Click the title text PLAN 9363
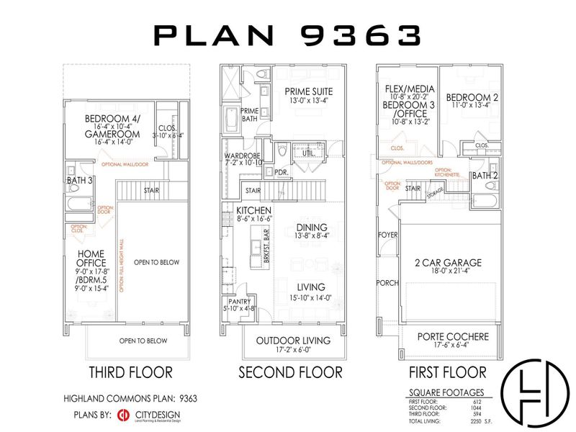pyautogui.click(x=287, y=34)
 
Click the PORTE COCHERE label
pyautogui.click(x=453, y=336)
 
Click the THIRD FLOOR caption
pyautogui.click(x=130, y=372)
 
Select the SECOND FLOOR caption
pyautogui.click(x=290, y=372)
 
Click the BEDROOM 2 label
pyautogui.click(x=469, y=97)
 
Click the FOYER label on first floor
pyautogui.click(x=387, y=235)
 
